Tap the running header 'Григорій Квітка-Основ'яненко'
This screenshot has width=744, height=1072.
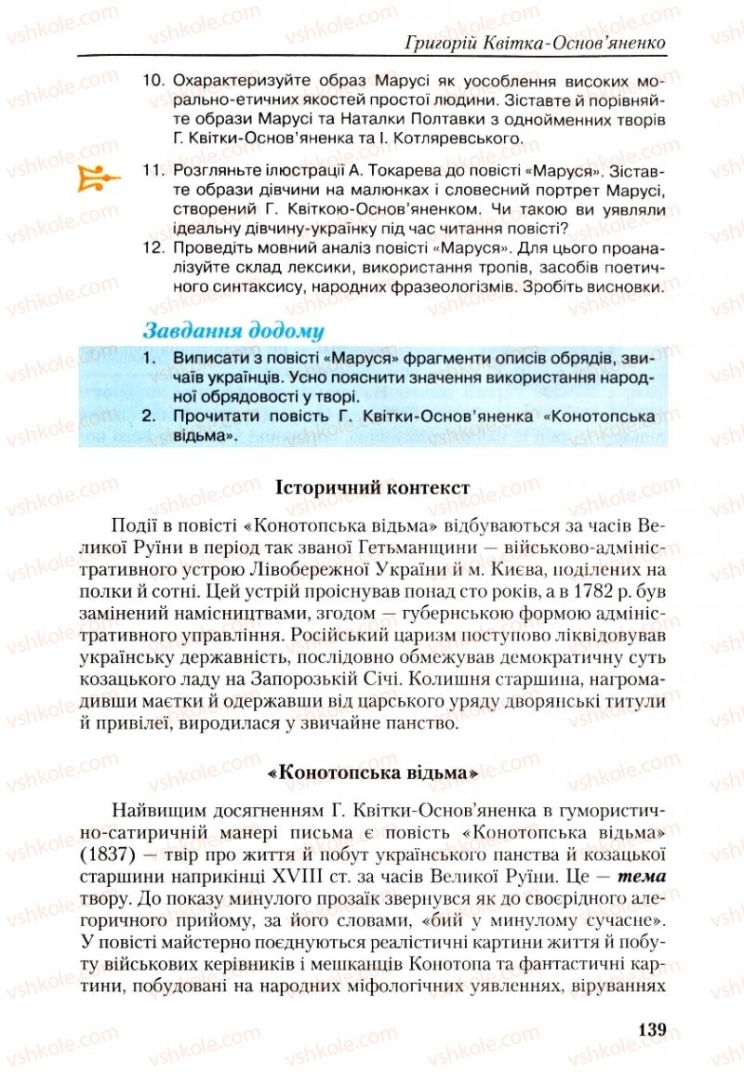click(x=538, y=43)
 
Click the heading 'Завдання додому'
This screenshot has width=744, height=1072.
click(x=232, y=330)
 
